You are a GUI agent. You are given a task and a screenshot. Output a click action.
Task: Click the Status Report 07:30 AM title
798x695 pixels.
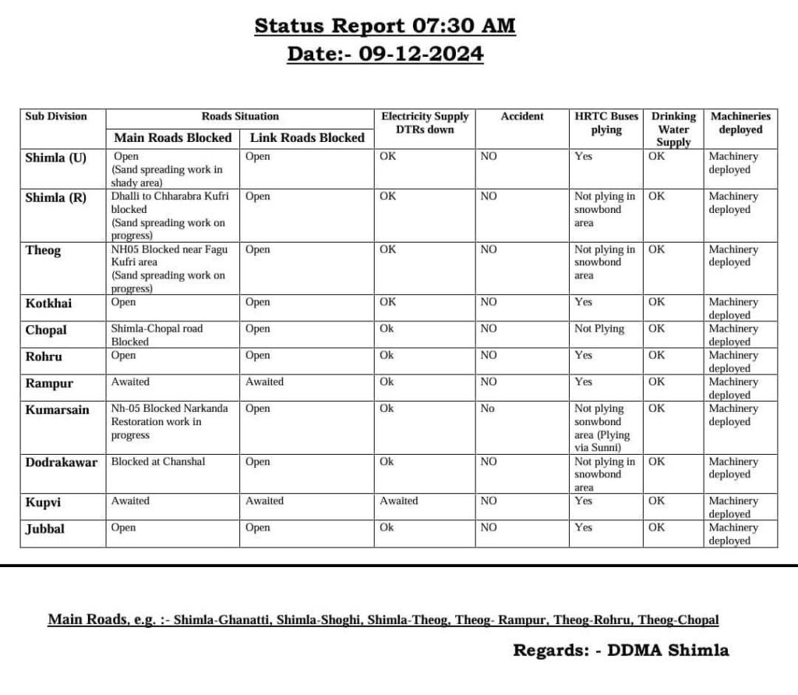[385, 26]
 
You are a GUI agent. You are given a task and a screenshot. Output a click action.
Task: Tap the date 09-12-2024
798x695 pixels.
[385, 54]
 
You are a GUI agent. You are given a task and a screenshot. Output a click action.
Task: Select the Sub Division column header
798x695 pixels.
[56, 116]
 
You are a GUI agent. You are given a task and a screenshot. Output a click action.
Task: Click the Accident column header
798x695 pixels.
[522, 116]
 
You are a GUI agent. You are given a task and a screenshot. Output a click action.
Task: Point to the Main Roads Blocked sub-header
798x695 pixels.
[173, 137]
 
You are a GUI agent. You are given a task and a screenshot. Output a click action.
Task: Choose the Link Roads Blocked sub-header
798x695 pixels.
[307, 137]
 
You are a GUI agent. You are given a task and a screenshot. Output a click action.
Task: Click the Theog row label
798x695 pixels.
[43, 250]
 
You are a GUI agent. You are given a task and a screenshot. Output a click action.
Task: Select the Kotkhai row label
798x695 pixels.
[48, 303]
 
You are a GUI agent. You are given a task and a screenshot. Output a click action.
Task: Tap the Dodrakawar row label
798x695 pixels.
[62, 462]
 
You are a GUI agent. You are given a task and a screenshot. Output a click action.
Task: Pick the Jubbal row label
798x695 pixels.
[45, 528]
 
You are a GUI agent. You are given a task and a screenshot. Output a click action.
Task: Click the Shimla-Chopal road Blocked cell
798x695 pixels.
[157, 335]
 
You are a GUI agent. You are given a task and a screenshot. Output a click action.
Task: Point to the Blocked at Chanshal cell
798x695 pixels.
[158, 462]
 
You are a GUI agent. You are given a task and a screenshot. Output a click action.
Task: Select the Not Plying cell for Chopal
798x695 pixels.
[599, 329]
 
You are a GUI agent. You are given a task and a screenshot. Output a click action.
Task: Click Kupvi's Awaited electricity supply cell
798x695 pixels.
[398, 501]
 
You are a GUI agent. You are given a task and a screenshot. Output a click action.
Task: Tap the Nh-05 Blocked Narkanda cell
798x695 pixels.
[169, 421]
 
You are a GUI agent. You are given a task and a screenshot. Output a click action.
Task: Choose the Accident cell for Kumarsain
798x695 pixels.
[487, 409]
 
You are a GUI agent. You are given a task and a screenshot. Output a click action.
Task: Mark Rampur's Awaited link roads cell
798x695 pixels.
[265, 382]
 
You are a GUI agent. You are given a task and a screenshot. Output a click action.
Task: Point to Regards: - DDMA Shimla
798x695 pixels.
[620, 650]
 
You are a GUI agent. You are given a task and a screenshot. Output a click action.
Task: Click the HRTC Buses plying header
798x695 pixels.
[606, 123]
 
